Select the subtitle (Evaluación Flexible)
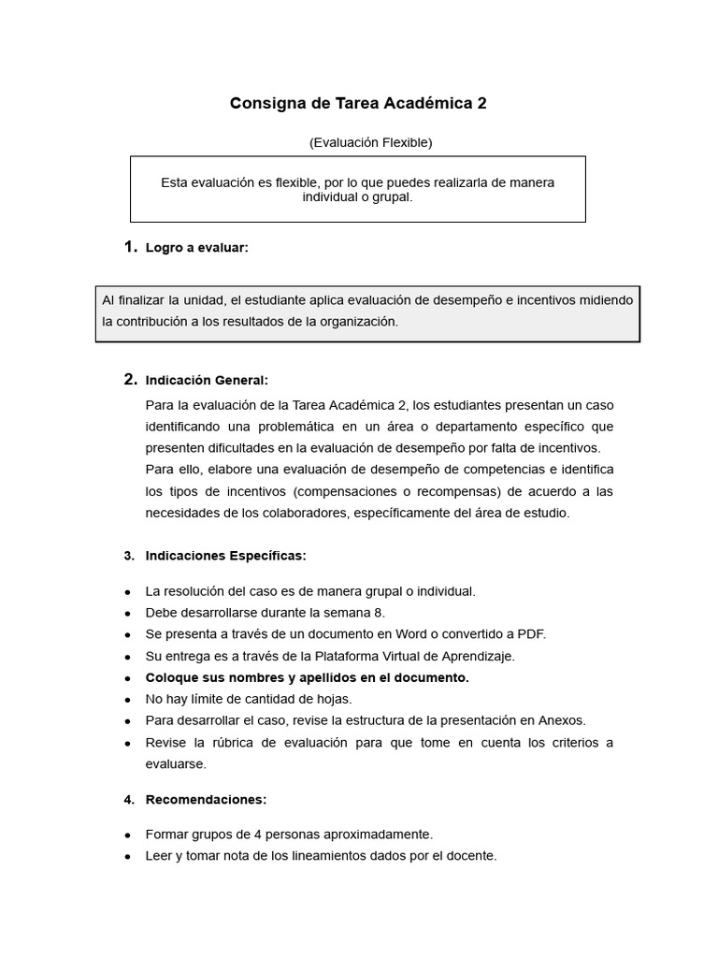point(370,142)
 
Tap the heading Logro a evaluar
point(196,248)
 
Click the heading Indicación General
point(207,380)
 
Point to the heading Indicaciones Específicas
point(225,556)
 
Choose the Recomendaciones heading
point(206,800)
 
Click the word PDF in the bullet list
point(530,634)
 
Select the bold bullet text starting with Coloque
point(307,677)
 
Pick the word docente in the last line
point(471,856)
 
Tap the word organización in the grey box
point(359,322)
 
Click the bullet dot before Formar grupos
point(127,835)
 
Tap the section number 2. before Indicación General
point(130,380)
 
